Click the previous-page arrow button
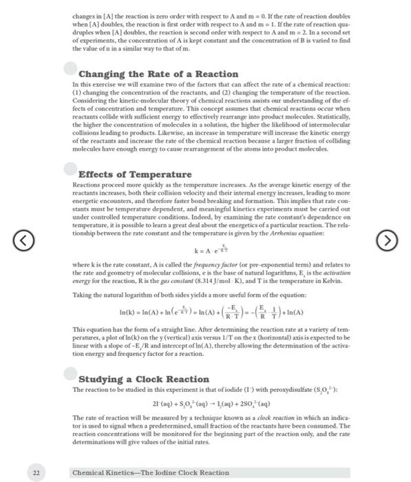[23, 240]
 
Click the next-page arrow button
[387, 240]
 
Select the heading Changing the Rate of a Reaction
[149, 74]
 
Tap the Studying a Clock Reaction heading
[144, 379]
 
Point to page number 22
[36, 472]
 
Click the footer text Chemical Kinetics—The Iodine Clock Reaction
[151, 472]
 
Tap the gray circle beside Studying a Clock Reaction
[70, 374]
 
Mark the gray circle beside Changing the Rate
[70, 68]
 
